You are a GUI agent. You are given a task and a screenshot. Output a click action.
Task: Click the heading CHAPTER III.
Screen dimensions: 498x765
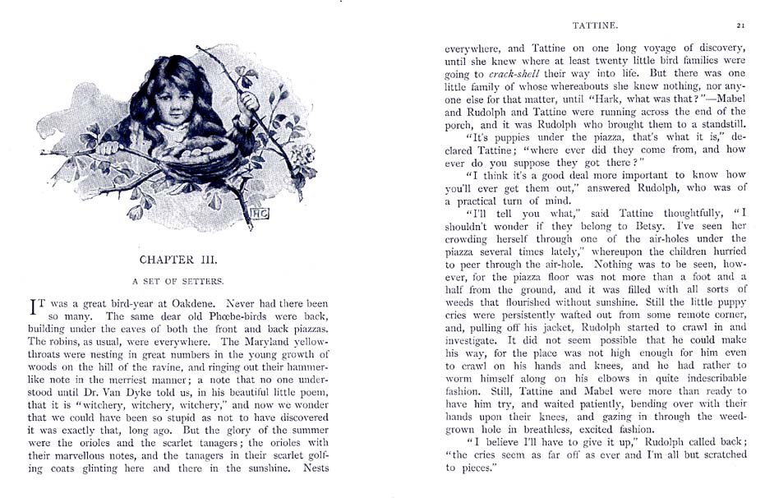(178, 260)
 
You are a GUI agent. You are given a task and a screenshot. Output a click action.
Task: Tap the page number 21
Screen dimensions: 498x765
(740, 25)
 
